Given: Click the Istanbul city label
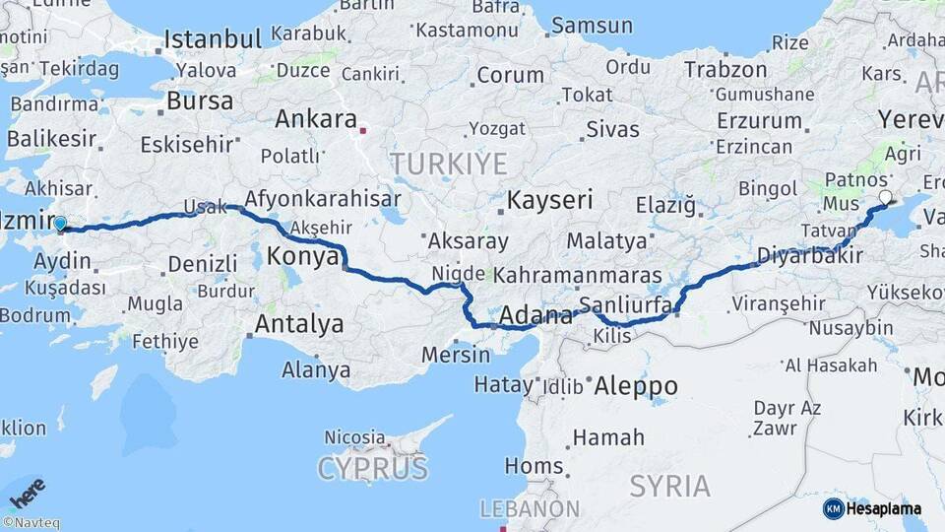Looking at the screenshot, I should tap(213, 40).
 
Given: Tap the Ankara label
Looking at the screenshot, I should tap(315, 119).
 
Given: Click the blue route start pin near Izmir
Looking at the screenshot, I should tap(61, 225).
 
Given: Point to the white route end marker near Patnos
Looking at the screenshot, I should tap(884, 198).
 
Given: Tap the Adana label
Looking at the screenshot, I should tap(535, 316).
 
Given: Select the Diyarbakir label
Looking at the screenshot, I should tap(809, 256).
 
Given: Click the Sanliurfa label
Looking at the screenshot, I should tap(626, 304).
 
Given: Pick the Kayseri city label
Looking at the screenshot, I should tap(549, 201).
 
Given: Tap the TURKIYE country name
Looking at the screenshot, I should tap(448, 163).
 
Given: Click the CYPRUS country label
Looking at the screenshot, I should tap(372, 467).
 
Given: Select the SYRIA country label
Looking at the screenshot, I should tap(669, 485).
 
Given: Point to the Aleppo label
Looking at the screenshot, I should tap(636, 386).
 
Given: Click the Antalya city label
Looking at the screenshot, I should tap(299, 324).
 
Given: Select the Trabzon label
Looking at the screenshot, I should tap(724, 70).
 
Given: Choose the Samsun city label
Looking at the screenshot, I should tap(592, 26).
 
